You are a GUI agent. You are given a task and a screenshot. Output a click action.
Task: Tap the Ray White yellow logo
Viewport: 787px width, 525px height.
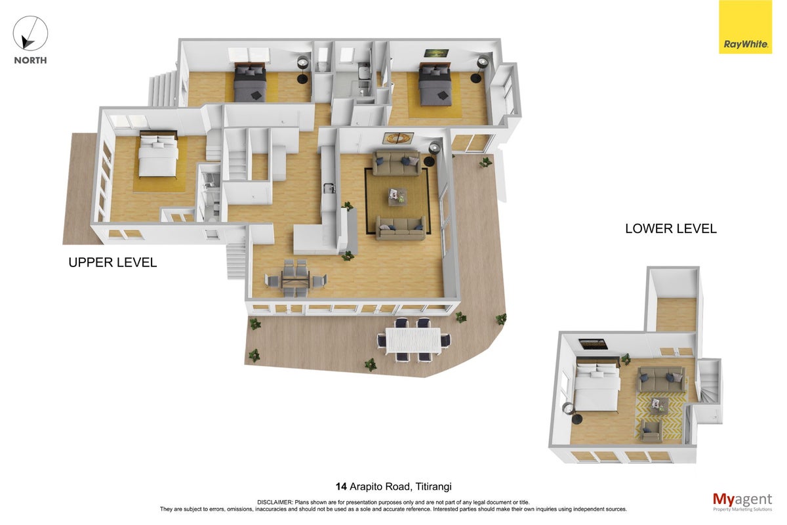[745, 27]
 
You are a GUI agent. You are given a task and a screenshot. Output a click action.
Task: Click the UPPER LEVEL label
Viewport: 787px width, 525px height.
[112, 262]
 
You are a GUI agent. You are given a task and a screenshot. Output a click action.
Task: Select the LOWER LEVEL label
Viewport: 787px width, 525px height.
[671, 228]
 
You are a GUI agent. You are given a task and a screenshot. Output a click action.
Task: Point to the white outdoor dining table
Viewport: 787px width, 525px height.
[413, 341]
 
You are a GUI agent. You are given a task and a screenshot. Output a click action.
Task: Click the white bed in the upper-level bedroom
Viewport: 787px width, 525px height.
[158, 154]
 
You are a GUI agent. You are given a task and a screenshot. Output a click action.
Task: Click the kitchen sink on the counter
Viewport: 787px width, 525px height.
[329, 188]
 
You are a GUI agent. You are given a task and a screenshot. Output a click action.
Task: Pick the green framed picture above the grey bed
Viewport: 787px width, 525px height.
[436, 53]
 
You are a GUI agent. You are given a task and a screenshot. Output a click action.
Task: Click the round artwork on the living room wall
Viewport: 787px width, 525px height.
[398, 138]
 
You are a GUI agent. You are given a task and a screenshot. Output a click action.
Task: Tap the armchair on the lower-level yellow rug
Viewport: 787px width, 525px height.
[651, 430]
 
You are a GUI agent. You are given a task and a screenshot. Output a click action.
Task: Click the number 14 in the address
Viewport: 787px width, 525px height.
[341, 487]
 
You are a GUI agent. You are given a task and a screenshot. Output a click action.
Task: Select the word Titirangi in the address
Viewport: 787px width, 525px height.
[434, 487]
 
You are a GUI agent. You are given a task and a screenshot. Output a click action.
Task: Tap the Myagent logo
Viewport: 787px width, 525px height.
[742, 502]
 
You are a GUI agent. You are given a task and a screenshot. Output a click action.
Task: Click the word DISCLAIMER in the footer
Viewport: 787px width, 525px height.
[275, 503]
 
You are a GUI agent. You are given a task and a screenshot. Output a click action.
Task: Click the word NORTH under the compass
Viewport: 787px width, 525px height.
[30, 60]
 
